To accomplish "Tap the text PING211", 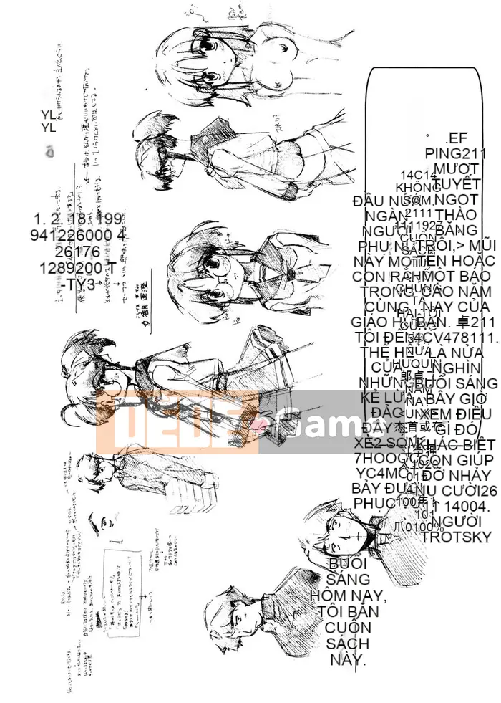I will pos(455,153).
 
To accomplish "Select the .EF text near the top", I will pos(455,139).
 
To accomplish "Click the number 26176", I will pos(78,252).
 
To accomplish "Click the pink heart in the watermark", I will pos(261,429).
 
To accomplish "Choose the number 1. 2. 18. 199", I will pos(78,219).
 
